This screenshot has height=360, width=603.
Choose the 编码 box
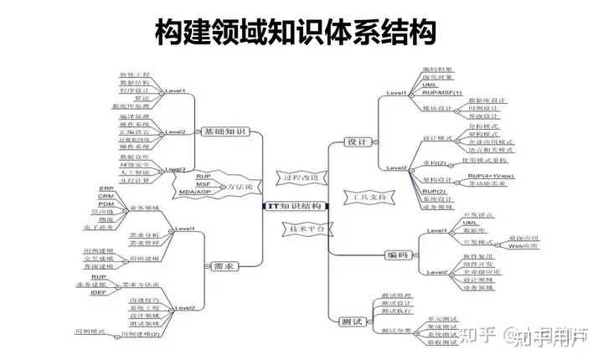397,254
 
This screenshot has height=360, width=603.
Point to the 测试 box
352,321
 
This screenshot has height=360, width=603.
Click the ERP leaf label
106,188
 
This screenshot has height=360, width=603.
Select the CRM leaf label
106,196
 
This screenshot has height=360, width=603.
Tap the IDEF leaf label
99,291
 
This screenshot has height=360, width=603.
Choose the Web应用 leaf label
523,246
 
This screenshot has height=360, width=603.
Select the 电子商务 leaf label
100,227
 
